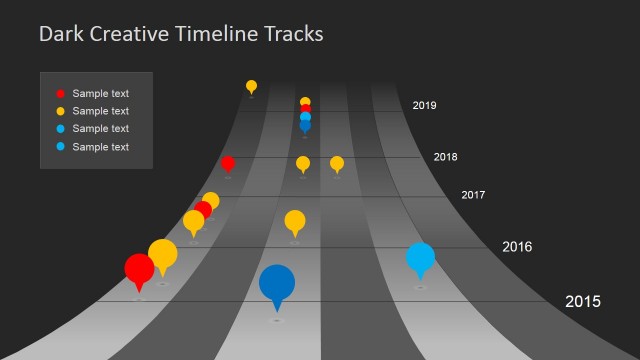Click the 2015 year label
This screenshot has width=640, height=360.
pyautogui.click(x=583, y=301)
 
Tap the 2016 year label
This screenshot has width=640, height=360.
pyautogui.click(x=516, y=247)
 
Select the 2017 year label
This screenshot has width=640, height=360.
pyautogui.click(x=473, y=195)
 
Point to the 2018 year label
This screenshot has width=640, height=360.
pyautogui.click(x=445, y=157)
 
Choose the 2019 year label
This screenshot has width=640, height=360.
pyautogui.click(x=424, y=105)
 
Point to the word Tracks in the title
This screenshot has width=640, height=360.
pyautogui.click(x=291, y=34)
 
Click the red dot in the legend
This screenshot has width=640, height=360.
pyautogui.click(x=60, y=93)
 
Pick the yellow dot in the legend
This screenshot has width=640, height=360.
pyautogui.click(x=60, y=111)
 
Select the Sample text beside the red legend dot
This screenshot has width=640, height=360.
pyautogui.click(x=100, y=93)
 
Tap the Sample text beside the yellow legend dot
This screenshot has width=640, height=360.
pyautogui.click(x=100, y=111)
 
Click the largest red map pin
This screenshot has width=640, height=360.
pyautogui.click(x=139, y=268)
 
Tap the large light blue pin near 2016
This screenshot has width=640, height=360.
pyautogui.click(x=421, y=258)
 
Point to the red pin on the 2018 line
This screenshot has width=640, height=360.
pyautogui.click(x=228, y=163)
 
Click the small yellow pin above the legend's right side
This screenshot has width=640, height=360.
pyautogui.click(x=251, y=87)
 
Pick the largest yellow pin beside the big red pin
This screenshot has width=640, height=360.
pyautogui.click(x=163, y=253)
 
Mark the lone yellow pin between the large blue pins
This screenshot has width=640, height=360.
pyautogui.click(x=295, y=221)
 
